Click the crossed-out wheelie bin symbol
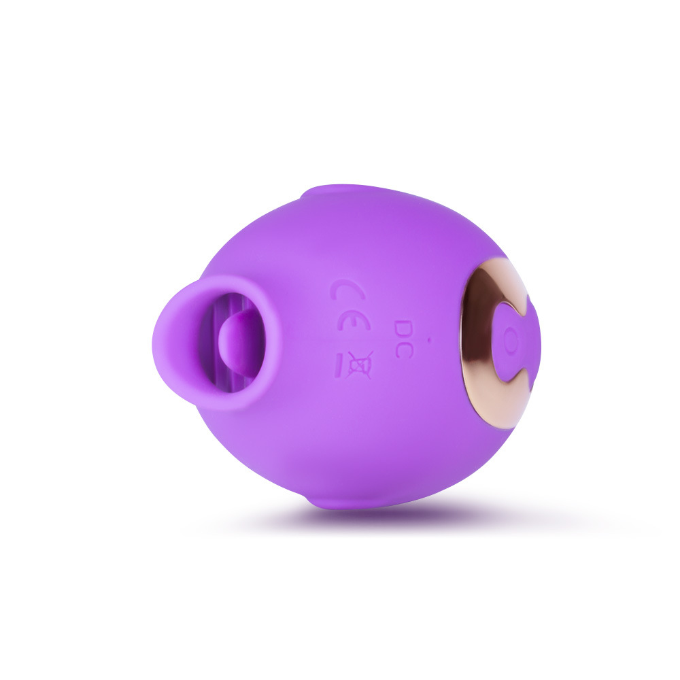(x=359, y=364)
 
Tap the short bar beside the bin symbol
(x=341, y=365)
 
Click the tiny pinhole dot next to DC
(x=429, y=341)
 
